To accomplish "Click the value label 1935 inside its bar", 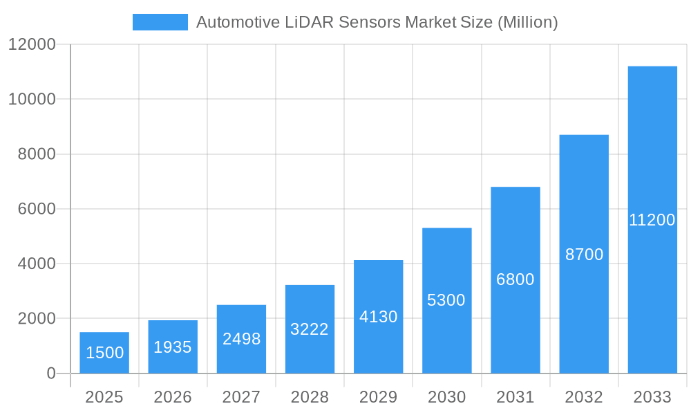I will coord(173,347).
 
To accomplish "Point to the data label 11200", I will coord(652,220).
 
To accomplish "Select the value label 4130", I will coord(379,317).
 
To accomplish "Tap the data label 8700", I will coord(584,255).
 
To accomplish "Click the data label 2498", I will coord(241,339).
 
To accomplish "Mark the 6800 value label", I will coord(515,279).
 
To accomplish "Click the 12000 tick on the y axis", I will coord(32,45).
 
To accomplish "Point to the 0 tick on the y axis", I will coord(50,373).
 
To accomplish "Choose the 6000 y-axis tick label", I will coord(36,209).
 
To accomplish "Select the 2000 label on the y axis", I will coord(36,319).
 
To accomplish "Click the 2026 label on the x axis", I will coord(173,397).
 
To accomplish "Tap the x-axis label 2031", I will coord(515,397).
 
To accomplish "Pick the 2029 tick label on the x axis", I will coord(379,397).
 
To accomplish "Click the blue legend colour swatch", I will coord(160,22).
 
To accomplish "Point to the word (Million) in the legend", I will coord(527,22).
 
